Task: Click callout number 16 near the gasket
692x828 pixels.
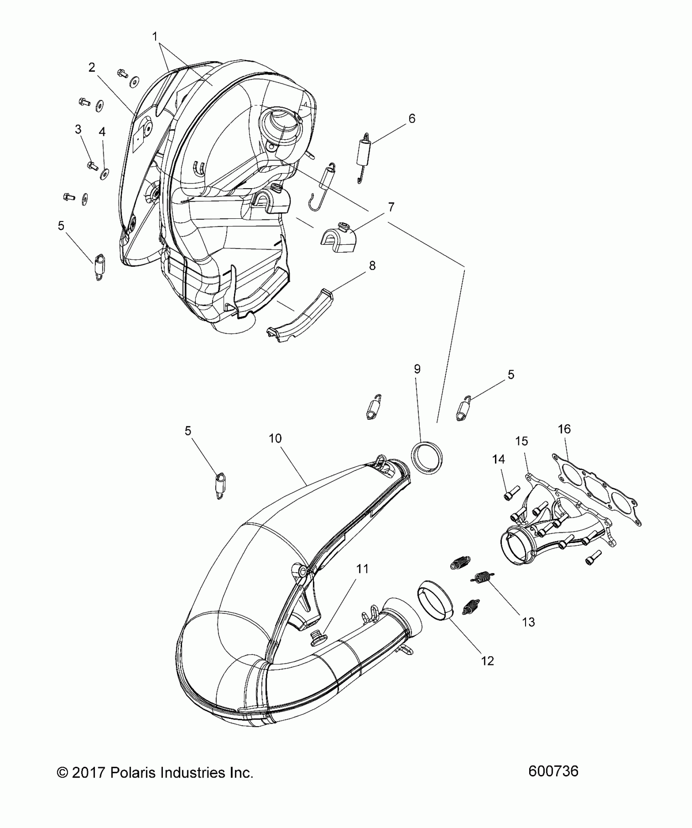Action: pos(564,429)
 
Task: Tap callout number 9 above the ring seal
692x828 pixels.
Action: pos(417,369)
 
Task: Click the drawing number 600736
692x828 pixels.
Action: pos(553,771)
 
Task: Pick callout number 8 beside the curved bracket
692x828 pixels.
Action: pos(372,266)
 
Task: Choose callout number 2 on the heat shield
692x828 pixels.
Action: pos(92,67)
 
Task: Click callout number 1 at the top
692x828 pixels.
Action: pos(155,37)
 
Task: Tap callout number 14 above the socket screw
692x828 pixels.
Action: pos(498,459)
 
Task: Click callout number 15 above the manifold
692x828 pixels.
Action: pos(521,441)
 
